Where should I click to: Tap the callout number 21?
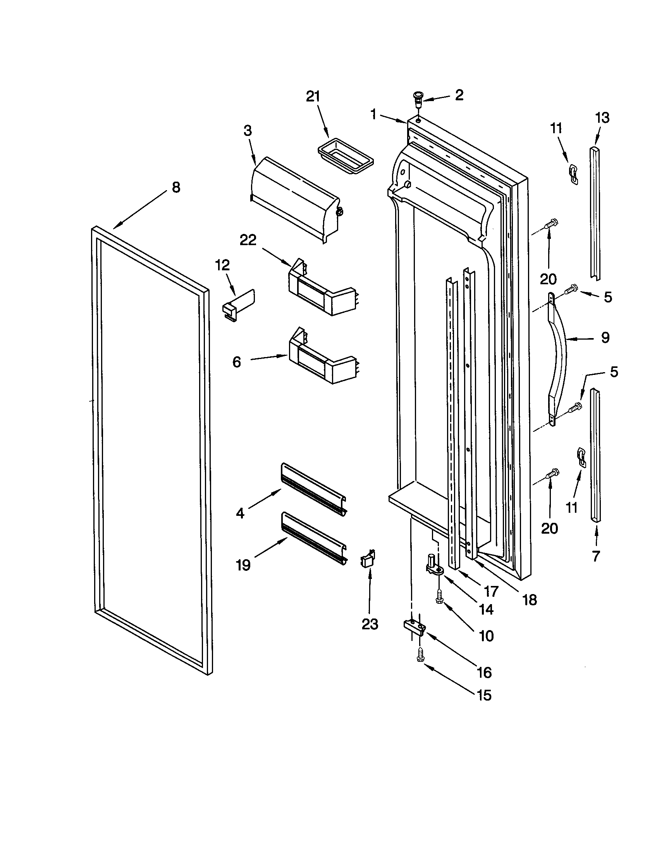(x=313, y=97)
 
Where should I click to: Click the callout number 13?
(x=602, y=118)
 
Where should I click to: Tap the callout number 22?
(x=248, y=240)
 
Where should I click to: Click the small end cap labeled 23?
(x=368, y=561)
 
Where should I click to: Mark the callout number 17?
(x=491, y=591)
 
